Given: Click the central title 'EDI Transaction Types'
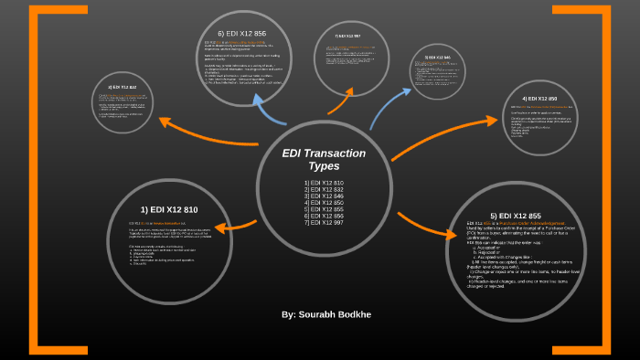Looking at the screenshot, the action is point(323,159).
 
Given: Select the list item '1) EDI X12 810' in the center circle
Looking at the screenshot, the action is point(324,183).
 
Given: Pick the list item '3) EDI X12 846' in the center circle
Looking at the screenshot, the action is point(324,196).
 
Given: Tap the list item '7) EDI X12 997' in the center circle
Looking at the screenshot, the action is point(324,222).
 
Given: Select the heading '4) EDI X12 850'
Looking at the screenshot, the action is point(539,99).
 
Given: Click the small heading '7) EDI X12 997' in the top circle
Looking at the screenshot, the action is point(341,36).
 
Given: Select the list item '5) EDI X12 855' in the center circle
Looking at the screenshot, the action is point(324,209).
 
